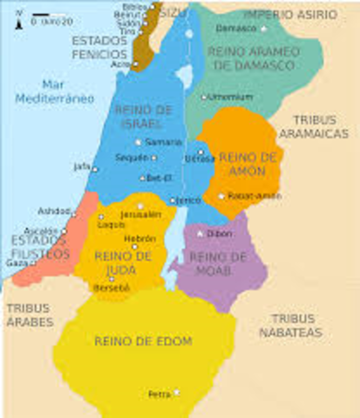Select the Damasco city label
click(x=237, y=28)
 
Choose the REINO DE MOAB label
click(x=217, y=263)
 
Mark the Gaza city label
click(x=17, y=262)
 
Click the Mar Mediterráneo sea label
click(x=53, y=91)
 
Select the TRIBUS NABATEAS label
click(x=295, y=326)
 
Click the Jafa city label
click(x=82, y=165)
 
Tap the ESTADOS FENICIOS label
click(x=98, y=47)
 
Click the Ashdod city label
click(x=52, y=211)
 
